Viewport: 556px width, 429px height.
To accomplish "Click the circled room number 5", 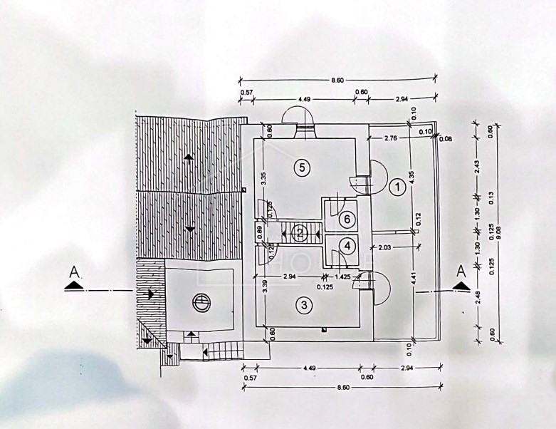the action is pyautogui.click(x=302, y=167).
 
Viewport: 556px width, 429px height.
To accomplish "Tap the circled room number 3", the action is pyautogui.click(x=304, y=306).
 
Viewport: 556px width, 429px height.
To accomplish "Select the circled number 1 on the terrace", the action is pyautogui.click(x=397, y=187).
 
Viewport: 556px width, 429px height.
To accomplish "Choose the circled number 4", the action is pyautogui.click(x=347, y=246).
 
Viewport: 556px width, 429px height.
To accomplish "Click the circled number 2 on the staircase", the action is pyautogui.click(x=300, y=232).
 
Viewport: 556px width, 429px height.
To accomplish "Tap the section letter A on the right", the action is pyautogui.click(x=461, y=270).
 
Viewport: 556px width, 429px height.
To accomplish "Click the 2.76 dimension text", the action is pyautogui.click(x=390, y=137).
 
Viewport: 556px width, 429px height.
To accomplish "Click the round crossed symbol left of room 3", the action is pyautogui.click(x=202, y=302).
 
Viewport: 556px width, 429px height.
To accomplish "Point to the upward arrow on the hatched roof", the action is pyautogui.click(x=189, y=157).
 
